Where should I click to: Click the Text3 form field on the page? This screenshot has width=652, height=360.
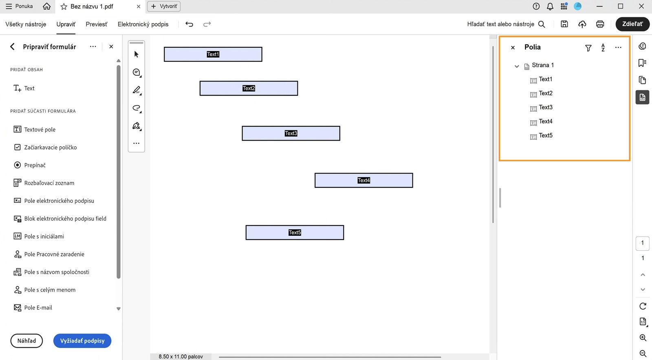(x=291, y=133)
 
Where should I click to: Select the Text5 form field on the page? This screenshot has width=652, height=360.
(x=295, y=233)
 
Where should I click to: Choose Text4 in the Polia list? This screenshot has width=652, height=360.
(x=545, y=121)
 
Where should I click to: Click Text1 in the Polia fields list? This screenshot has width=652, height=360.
(x=545, y=79)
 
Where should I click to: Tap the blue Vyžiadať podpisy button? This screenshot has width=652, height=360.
(x=82, y=341)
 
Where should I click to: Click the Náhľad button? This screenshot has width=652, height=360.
(x=26, y=341)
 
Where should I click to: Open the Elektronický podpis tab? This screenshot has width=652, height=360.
(x=143, y=24)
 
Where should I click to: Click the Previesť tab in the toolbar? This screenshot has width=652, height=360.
(x=97, y=24)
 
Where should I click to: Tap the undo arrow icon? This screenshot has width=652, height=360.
(x=189, y=24)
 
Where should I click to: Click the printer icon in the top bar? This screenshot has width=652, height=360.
(x=600, y=24)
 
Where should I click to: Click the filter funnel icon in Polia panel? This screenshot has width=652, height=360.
(x=588, y=48)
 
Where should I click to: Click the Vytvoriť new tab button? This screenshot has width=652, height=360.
(x=164, y=6)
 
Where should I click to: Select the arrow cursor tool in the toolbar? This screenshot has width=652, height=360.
(x=137, y=54)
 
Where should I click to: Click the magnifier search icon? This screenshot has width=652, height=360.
(x=542, y=24)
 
